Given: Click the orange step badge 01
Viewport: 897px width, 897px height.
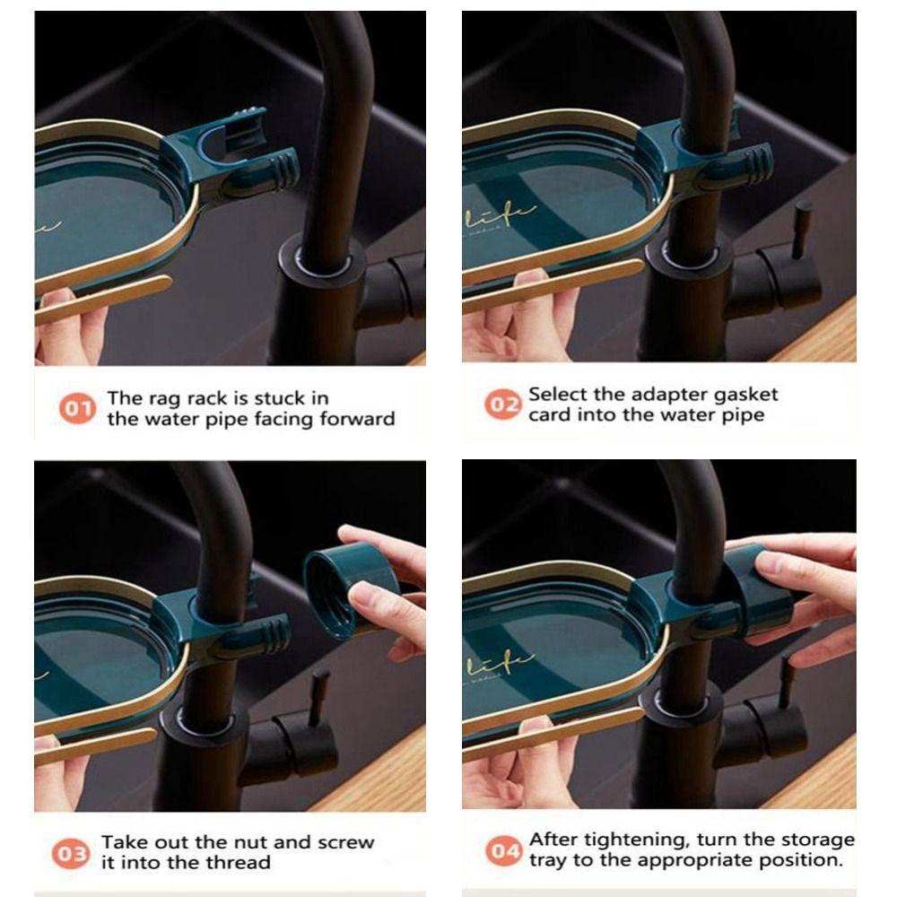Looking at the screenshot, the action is pyautogui.click(x=77, y=409).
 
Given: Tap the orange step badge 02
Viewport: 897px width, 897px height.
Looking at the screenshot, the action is pyautogui.click(x=503, y=405).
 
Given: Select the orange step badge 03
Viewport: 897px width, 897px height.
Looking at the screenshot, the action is pyautogui.click(x=71, y=854).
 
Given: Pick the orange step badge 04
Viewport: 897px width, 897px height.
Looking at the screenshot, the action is pyautogui.click(x=503, y=850).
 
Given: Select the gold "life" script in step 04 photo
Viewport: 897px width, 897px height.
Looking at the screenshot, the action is pyautogui.click(x=501, y=665).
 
